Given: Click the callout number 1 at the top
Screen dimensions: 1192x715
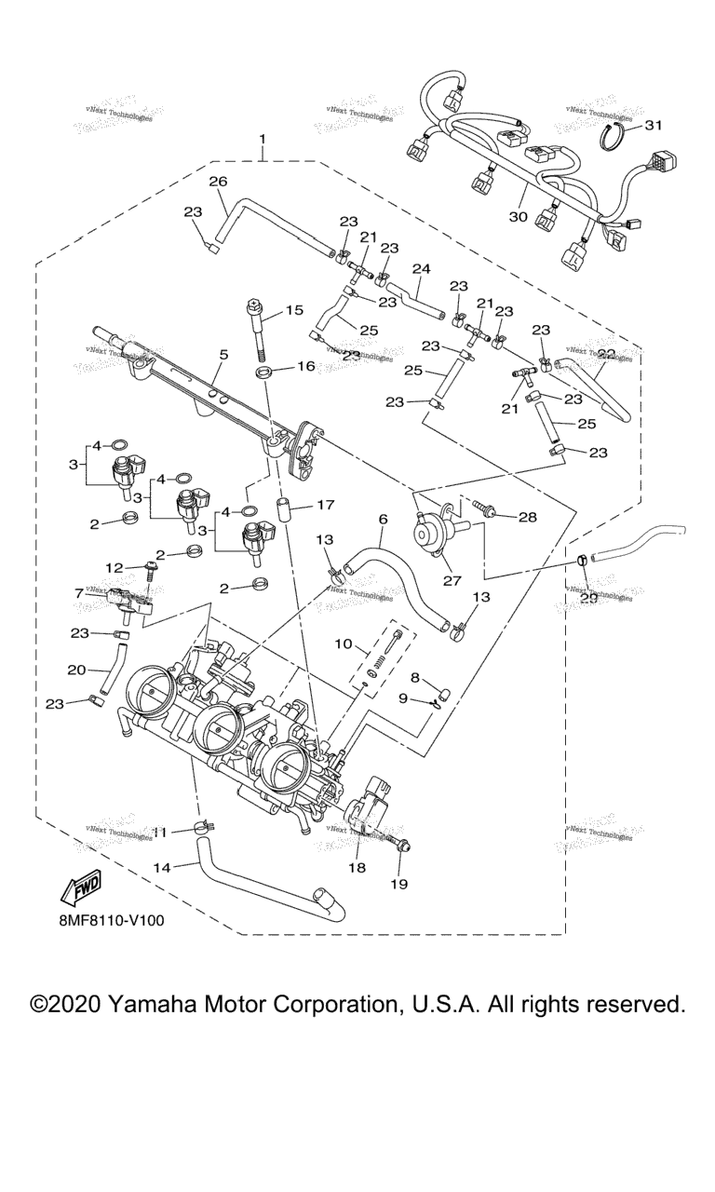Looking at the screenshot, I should click(x=263, y=140).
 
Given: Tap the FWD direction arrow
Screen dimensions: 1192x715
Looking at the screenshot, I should click(x=81, y=887).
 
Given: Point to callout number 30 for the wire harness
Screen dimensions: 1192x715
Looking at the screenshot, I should click(x=519, y=216).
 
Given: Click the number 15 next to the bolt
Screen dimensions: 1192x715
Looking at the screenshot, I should click(x=294, y=311).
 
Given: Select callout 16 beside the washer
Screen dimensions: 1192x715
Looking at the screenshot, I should click(x=306, y=367).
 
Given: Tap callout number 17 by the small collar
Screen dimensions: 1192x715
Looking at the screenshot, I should click(x=325, y=505).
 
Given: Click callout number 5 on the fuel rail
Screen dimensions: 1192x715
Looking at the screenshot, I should click(x=223, y=355).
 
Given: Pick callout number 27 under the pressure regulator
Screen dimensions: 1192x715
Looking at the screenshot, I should click(x=453, y=580).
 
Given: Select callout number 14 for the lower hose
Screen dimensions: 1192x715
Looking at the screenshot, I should click(x=162, y=867).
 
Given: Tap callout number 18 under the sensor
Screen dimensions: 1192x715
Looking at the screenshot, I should click(x=358, y=868).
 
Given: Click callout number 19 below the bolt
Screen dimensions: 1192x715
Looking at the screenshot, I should click(x=400, y=882).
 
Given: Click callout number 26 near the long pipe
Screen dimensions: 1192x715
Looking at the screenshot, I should click(x=218, y=181).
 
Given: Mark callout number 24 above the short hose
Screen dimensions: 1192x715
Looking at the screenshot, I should click(x=422, y=269).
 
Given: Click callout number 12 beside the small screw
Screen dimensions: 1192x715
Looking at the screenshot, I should click(x=115, y=567).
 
